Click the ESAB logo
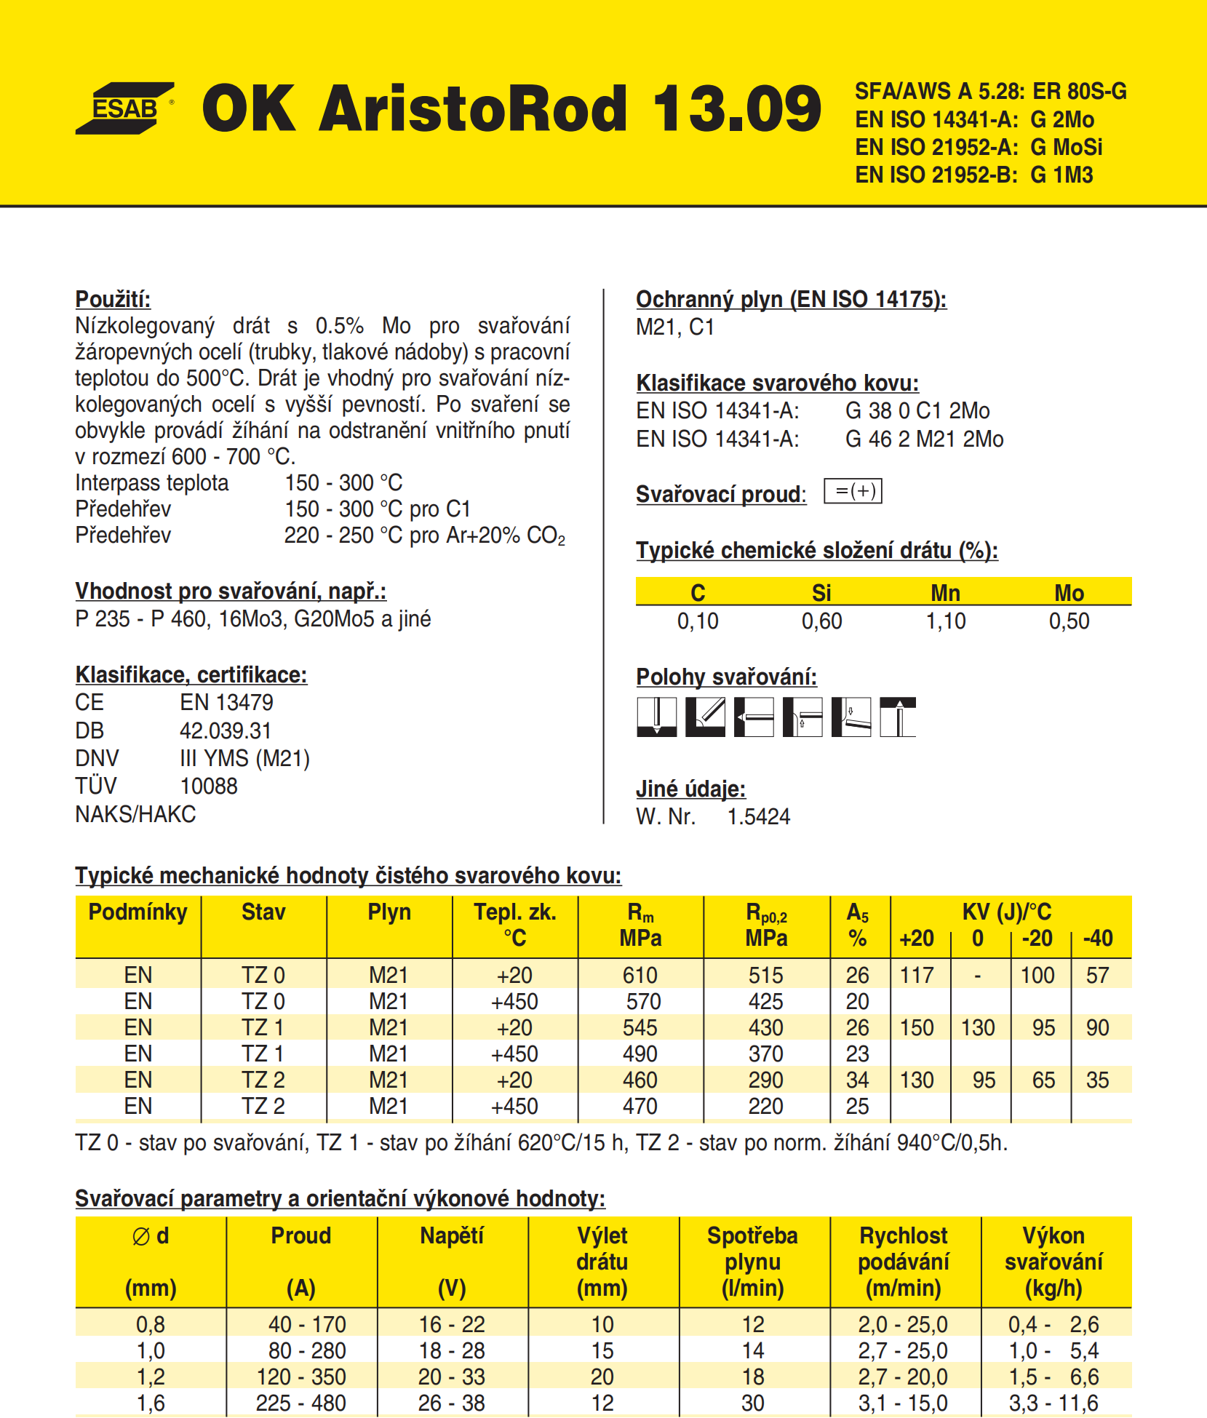124,108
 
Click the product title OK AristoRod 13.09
511,108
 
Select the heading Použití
113,299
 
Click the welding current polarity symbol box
853,492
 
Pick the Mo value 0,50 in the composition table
1069,621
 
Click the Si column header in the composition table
821,593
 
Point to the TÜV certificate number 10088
208,786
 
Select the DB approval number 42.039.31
226,730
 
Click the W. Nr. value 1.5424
758,817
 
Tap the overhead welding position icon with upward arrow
899,717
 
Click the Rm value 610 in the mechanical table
640,976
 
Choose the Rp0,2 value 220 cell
766,1107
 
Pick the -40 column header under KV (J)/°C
1097,939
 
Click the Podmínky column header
138,912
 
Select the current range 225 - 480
300,1403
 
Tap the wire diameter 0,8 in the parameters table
151,1324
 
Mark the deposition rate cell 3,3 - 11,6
1053,1403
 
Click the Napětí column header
452,1236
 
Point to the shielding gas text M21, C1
675,327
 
